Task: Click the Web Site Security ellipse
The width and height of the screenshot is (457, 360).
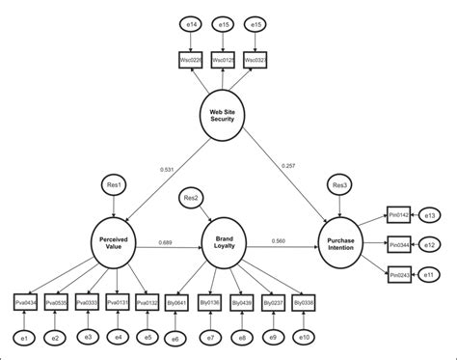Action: click(x=223, y=116)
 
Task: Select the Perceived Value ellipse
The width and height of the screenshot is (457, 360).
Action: click(x=113, y=243)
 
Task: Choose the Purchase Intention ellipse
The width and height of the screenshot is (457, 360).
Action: click(x=341, y=243)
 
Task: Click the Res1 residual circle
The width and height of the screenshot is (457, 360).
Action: click(x=113, y=184)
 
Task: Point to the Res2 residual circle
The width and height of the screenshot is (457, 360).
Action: click(x=192, y=199)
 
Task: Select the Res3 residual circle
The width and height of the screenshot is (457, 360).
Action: click(x=339, y=184)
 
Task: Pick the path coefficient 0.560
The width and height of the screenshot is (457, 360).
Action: click(x=279, y=238)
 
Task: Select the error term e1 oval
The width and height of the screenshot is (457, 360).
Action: click(x=28, y=337)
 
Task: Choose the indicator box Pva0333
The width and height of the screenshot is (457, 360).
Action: click(x=89, y=302)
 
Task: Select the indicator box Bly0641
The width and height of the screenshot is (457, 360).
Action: click(x=178, y=302)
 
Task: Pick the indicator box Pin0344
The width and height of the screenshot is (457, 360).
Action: click(x=399, y=246)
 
